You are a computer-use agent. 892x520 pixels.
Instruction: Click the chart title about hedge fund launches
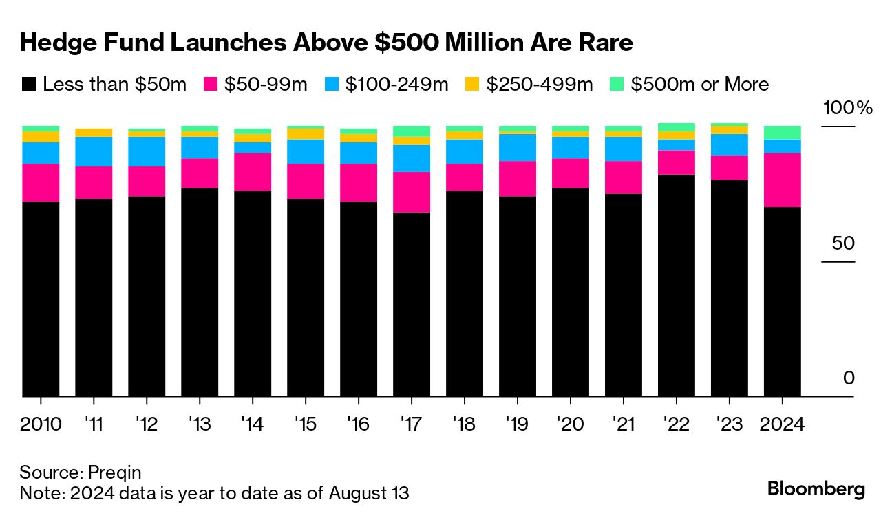(326, 43)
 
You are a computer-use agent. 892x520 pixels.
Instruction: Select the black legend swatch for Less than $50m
(28, 85)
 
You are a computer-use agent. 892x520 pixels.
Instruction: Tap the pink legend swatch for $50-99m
(211, 85)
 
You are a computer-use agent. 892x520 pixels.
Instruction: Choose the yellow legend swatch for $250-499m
(471, 85)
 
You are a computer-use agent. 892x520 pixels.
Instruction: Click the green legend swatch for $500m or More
(617, 85)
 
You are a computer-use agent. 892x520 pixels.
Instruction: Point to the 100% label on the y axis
(847, 108)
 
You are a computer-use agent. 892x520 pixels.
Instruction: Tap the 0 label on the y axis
(849, 378)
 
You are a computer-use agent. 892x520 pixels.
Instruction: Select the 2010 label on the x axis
(41, 424)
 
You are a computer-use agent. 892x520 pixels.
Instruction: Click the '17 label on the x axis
(411, 424)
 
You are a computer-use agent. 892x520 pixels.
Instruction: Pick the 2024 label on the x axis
(782, 424)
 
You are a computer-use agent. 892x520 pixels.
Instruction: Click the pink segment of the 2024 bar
(782, 180)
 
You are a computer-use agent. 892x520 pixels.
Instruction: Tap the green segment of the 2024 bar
(782, 133)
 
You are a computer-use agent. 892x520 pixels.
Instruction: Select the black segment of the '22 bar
(676, 285)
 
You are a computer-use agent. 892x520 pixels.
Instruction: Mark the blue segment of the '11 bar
(94, 151)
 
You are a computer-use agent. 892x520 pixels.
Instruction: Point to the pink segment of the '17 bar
(411, 192)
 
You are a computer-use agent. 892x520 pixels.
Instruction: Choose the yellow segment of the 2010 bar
(41, 137)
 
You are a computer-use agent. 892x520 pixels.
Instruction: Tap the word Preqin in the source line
(115, 473)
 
